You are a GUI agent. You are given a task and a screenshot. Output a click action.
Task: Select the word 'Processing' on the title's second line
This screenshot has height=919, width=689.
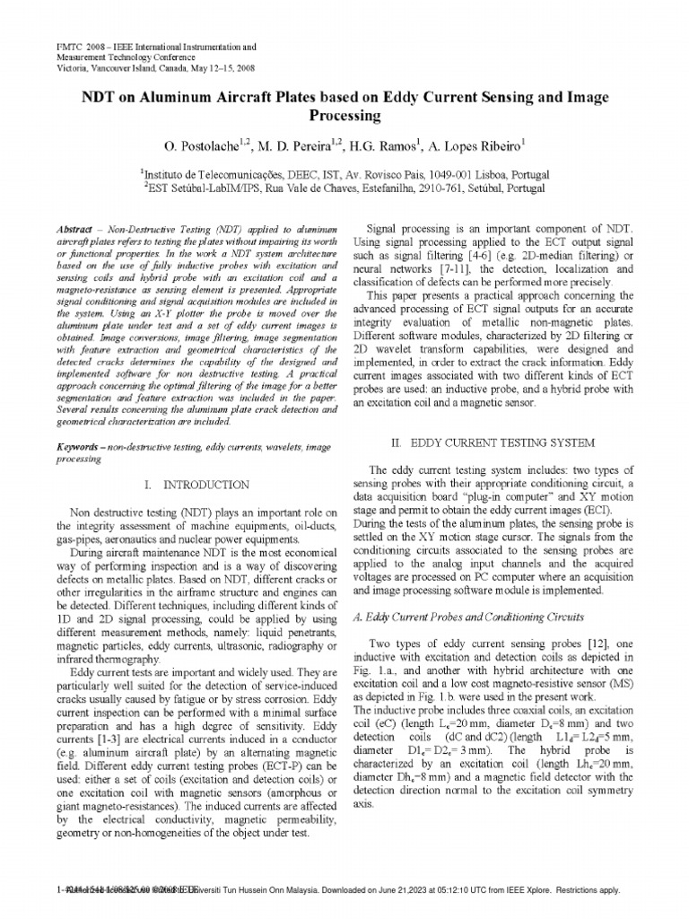(x=345, y=117)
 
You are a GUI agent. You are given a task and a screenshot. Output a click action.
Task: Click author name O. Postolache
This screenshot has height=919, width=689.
(x=199, y=144)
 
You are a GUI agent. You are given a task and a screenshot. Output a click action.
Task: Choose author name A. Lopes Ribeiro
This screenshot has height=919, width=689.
(x=476, y=144)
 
